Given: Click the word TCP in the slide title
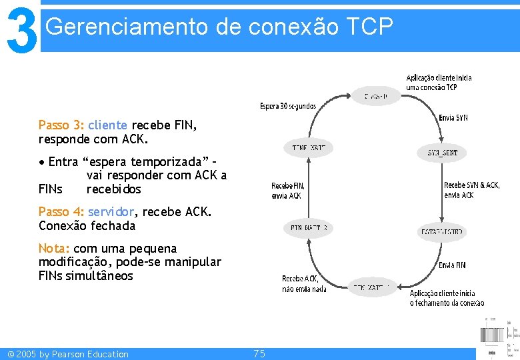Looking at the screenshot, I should (370, 27).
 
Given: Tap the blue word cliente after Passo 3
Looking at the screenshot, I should (107, 125).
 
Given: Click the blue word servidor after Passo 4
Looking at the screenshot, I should (111, 211).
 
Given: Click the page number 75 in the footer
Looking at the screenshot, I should (259, 353).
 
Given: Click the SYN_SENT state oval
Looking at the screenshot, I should (442, 153).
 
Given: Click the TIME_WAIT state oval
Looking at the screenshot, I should (308, 147).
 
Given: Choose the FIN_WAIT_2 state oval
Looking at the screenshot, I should (308, 228).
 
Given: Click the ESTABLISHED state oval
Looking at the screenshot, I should (442, 232).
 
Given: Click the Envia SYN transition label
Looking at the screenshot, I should (453, 118).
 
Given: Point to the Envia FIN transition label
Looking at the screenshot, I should (452, 265).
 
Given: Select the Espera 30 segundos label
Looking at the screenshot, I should (288, 106).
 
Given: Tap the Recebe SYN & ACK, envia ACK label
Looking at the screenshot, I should (471, 190).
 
